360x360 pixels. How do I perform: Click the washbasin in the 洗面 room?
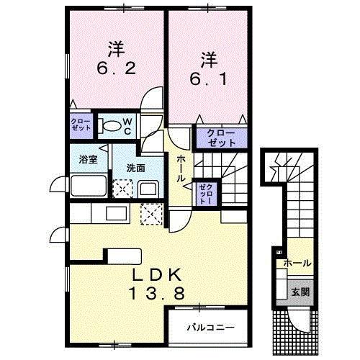[150, 189]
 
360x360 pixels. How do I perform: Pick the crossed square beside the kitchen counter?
[152, 213]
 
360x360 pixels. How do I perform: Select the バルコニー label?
[211, 327]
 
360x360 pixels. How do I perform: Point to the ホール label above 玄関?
[298, 264]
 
